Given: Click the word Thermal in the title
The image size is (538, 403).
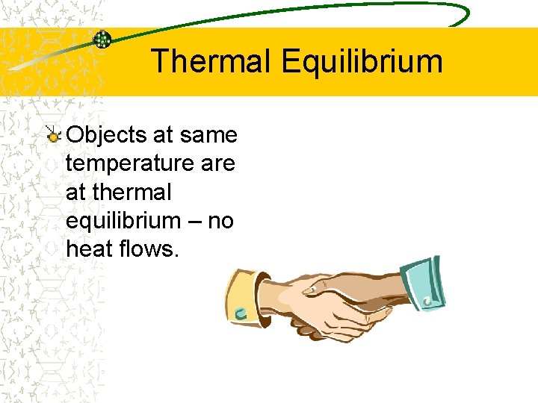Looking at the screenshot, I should point(212,61).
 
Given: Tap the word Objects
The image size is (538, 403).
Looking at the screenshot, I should point(107,135).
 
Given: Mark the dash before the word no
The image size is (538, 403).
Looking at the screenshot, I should point(196,221).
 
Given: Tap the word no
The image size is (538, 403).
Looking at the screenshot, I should point(221,221).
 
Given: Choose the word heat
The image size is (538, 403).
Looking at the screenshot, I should point(90,249).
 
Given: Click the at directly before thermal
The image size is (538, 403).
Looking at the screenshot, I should point(75,192).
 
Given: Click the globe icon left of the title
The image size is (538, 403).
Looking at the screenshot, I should point(102,40).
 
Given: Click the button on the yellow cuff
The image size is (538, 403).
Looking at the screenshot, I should point(240,314).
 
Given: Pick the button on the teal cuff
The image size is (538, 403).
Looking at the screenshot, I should point(428,301).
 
